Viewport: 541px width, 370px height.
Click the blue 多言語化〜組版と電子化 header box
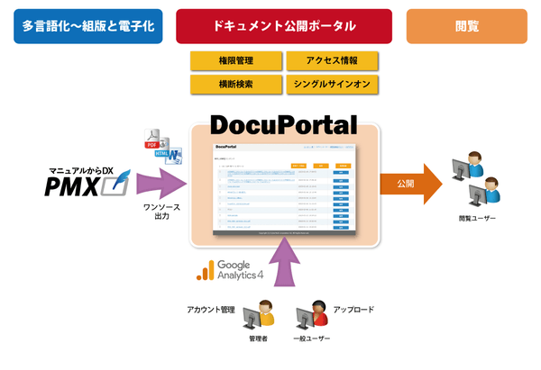(88, 27)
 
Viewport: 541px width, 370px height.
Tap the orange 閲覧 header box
(466, 27)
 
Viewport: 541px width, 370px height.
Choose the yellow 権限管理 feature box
(236, 61)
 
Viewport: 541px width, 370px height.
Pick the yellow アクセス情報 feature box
(332, 61)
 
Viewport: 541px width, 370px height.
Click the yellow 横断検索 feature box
(236, 85)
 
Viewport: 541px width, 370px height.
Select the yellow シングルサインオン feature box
(332, 85)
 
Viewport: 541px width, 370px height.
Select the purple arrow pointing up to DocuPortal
(287, 272)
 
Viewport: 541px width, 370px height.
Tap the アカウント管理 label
(210, 310)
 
